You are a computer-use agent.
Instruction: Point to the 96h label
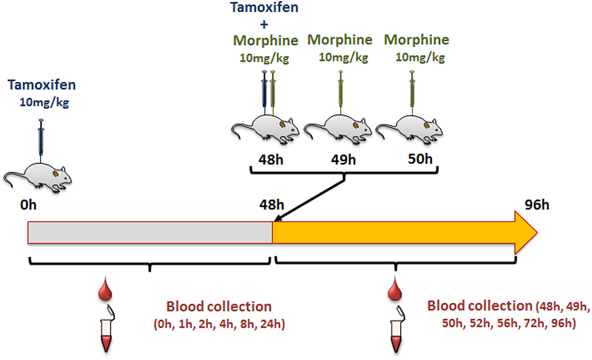tap(537, 205)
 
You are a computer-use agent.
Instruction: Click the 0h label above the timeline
tap(28, 205)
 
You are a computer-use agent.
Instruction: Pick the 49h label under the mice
tap(343, 159)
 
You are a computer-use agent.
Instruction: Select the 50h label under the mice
tap(420, 159)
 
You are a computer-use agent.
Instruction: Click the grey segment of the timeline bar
tap(150, 232)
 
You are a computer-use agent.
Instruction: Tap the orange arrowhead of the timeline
tap(526, 232)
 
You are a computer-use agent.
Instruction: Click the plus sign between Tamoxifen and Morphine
tap(264, 24)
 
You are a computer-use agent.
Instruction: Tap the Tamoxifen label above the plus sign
tap(264, 7)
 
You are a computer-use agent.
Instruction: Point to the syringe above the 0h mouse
tap(41, 137)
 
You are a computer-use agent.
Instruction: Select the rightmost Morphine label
tap(416, 40)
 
